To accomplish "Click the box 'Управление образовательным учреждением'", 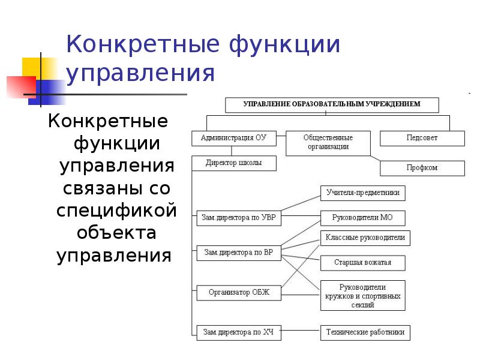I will click(332, 104).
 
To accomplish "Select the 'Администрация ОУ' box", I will click(233, 138).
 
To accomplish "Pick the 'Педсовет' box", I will click(422, 138).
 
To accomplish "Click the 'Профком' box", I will click(422, 168).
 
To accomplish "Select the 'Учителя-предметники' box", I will click(362, 193).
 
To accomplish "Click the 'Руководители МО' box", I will click(362, 217).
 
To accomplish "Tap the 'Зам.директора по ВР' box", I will click(238, 253).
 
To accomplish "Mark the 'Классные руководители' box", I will click(365, 238).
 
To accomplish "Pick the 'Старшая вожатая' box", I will click(362, 263).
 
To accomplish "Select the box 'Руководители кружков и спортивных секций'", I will click(362, 295).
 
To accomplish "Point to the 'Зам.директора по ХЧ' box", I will click(238, 331).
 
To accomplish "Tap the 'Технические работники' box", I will click(365, 331).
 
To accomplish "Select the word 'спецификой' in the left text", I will click(118, 211).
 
